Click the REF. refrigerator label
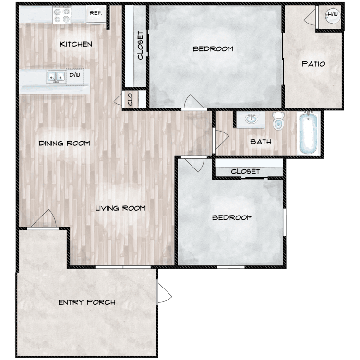(96, 13)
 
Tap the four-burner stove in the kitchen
(62, 15)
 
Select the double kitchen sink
(56, 77)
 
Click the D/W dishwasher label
(74, 75)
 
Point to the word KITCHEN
(76, 44)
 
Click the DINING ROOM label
(64, 143)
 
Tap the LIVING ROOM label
(120, 208)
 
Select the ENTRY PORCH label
(87, 302)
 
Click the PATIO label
(313, 64)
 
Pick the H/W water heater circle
(333, 15)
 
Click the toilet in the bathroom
(278, 121)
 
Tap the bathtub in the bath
(308, 133)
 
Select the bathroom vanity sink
(251, 119)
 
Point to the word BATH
(261, 142)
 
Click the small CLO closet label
(130, 99)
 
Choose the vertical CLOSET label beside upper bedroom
(140, 45)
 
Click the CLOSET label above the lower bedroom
(245, 171)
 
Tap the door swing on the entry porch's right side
(165, 293)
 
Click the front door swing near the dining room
(44, 218)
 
